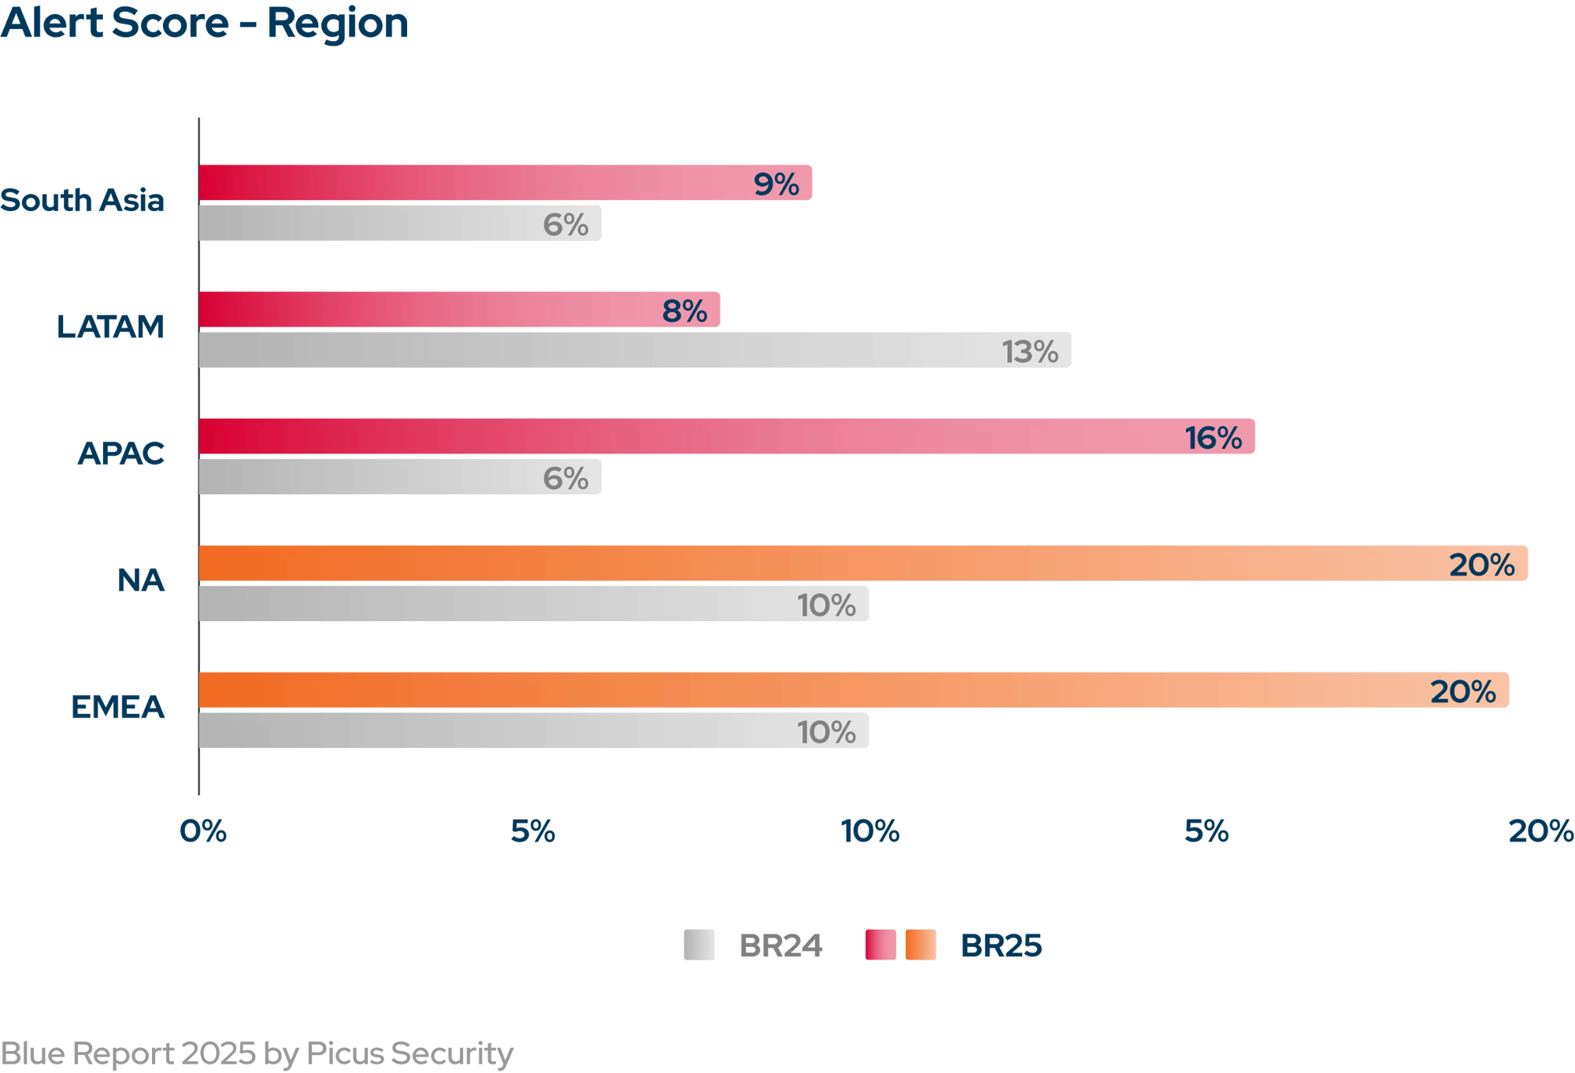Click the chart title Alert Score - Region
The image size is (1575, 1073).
(205, 24)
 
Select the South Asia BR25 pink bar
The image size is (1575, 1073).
(504, 183)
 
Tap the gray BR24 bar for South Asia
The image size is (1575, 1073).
(399, 223)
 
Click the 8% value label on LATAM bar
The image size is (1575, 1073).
(684, 311)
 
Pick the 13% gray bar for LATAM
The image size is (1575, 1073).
(634, 350)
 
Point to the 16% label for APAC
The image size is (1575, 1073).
(1213, 438)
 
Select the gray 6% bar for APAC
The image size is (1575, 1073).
(399, 476)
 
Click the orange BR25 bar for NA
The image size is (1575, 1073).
(862, 564)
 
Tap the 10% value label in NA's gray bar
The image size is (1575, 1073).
(826, 605)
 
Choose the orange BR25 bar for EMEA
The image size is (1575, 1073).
(853, 690)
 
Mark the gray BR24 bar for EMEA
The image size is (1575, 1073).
(533, 731)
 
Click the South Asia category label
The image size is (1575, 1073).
(83, 201)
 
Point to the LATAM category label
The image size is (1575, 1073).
(110, 327)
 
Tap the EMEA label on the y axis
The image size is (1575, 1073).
(118, 708)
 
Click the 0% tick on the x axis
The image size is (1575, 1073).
(203, 831)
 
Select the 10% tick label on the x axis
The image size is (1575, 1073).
(870, 831)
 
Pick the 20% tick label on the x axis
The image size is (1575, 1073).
(1540, 831)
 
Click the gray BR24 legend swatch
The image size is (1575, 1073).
(699, 945)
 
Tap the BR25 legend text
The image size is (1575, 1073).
(1001, 945)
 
